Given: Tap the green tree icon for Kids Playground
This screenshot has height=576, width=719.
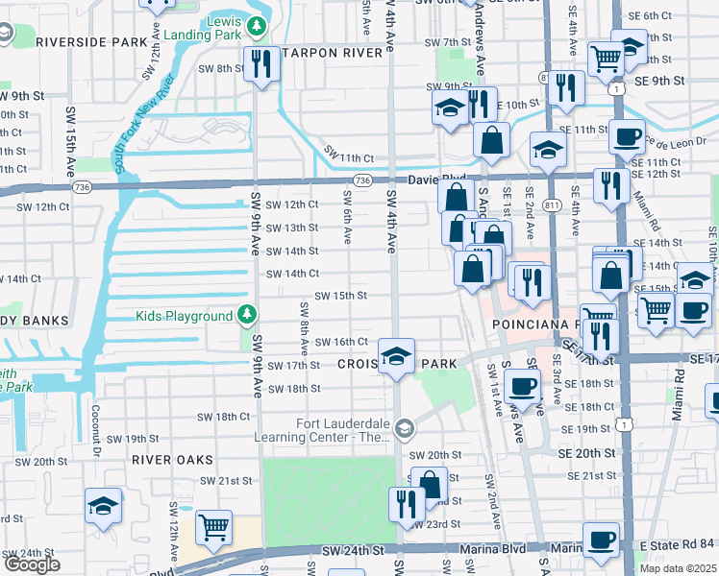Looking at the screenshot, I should tap(247, 315).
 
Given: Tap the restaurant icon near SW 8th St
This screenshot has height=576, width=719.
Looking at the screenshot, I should tap(260, 64).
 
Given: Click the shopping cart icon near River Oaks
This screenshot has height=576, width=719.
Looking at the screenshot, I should tap(212, 526).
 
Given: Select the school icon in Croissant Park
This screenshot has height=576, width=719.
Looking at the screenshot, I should tap(396, 356).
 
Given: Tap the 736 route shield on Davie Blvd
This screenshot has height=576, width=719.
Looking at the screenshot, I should tap(361, 180).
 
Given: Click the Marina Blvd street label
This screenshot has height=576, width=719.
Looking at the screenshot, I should tap(492, 549).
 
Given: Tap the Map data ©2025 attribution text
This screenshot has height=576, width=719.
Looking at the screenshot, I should tap(679, 568).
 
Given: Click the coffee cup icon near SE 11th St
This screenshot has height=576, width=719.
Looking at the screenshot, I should tap(627, 135).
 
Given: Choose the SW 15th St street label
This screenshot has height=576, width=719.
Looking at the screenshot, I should tap(340, 296).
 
